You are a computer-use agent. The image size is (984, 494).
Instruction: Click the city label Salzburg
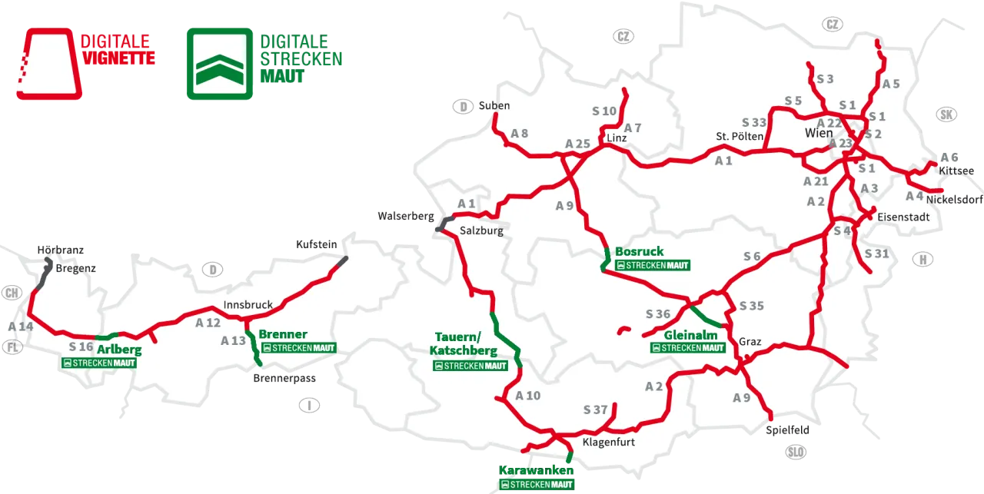481,230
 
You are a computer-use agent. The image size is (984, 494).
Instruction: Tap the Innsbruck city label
248,305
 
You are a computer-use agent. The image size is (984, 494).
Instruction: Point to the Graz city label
750,342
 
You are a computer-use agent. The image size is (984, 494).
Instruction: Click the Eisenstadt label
903,217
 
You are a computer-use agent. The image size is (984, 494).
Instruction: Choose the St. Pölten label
740,137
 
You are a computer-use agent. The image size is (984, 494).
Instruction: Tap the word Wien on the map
819,134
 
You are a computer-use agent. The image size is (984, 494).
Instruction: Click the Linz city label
617,138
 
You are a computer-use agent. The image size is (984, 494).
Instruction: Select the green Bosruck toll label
639,252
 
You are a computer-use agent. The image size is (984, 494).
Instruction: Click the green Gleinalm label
690,335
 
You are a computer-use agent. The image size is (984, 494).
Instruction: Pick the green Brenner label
283,334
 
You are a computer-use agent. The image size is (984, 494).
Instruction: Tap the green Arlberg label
119,350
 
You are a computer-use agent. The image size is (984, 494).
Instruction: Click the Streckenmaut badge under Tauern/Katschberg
470,366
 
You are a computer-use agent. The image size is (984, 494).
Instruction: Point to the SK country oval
947,115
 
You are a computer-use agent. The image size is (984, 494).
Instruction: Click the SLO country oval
796,453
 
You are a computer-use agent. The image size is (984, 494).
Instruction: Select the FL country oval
12,347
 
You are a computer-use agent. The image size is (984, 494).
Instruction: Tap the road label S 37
596,410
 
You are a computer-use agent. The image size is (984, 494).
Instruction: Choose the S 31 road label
876,254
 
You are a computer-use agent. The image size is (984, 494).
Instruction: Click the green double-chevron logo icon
218,65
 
